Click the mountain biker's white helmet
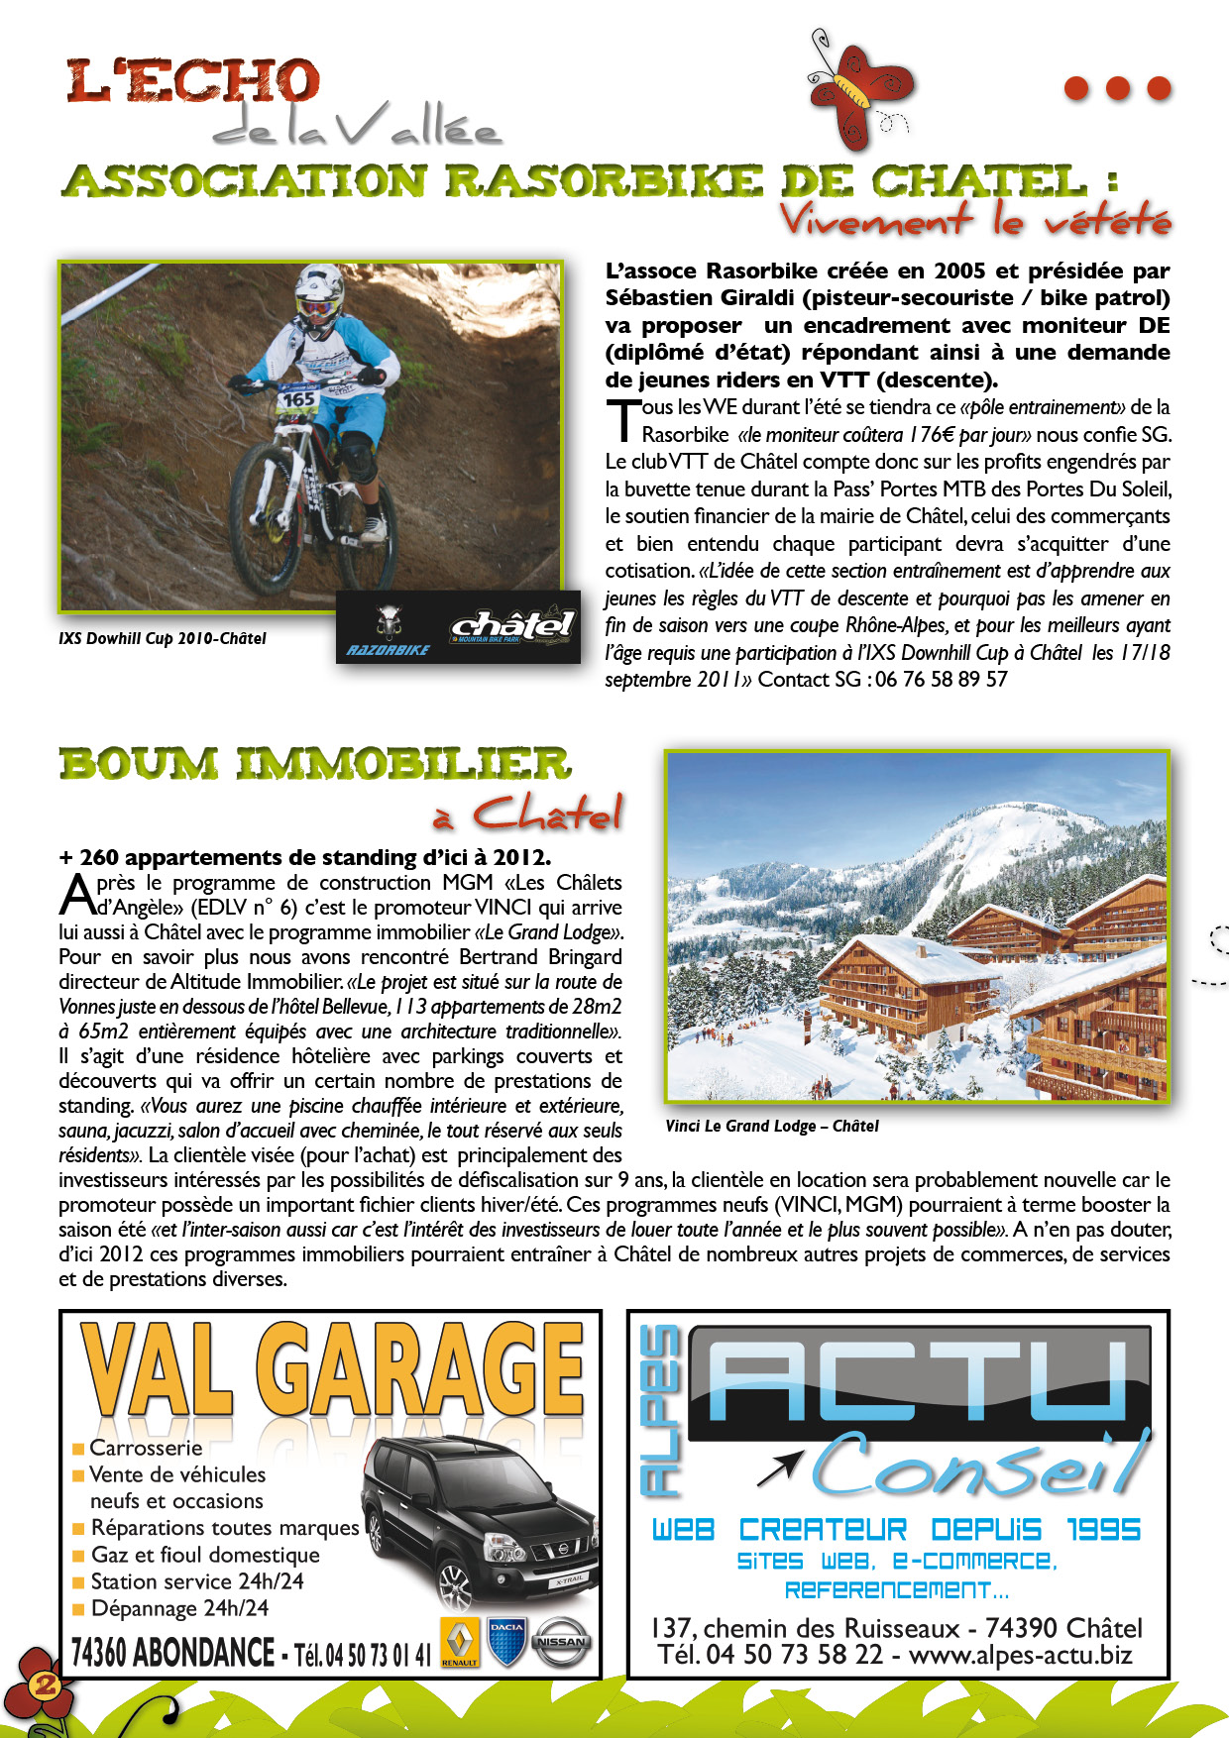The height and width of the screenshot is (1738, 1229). (x=320, y=288)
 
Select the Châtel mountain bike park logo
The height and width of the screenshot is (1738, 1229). (x=512, y=627)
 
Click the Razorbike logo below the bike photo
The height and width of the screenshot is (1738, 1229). (x=389, y=634)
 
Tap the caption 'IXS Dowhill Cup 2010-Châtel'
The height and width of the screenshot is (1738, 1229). (x=163, y=639)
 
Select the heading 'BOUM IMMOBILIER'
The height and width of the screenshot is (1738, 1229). (x=315, y=764)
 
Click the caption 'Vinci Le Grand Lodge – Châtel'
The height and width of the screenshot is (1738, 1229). (x=772, y=1126)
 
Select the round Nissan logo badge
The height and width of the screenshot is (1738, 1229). (x=561, y=1642)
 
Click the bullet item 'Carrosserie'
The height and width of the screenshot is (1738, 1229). (x=146, y=1448)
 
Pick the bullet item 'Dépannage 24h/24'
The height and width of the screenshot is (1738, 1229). (x=179, y=1608)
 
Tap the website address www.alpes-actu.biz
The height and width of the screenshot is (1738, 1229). (x=1020, y=1655)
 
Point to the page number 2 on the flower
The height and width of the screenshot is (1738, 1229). (x=46, y=1684)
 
